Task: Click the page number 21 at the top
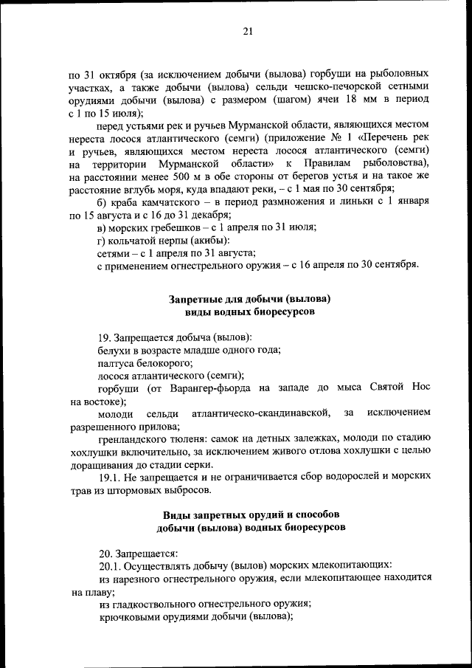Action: pos(247,30)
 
